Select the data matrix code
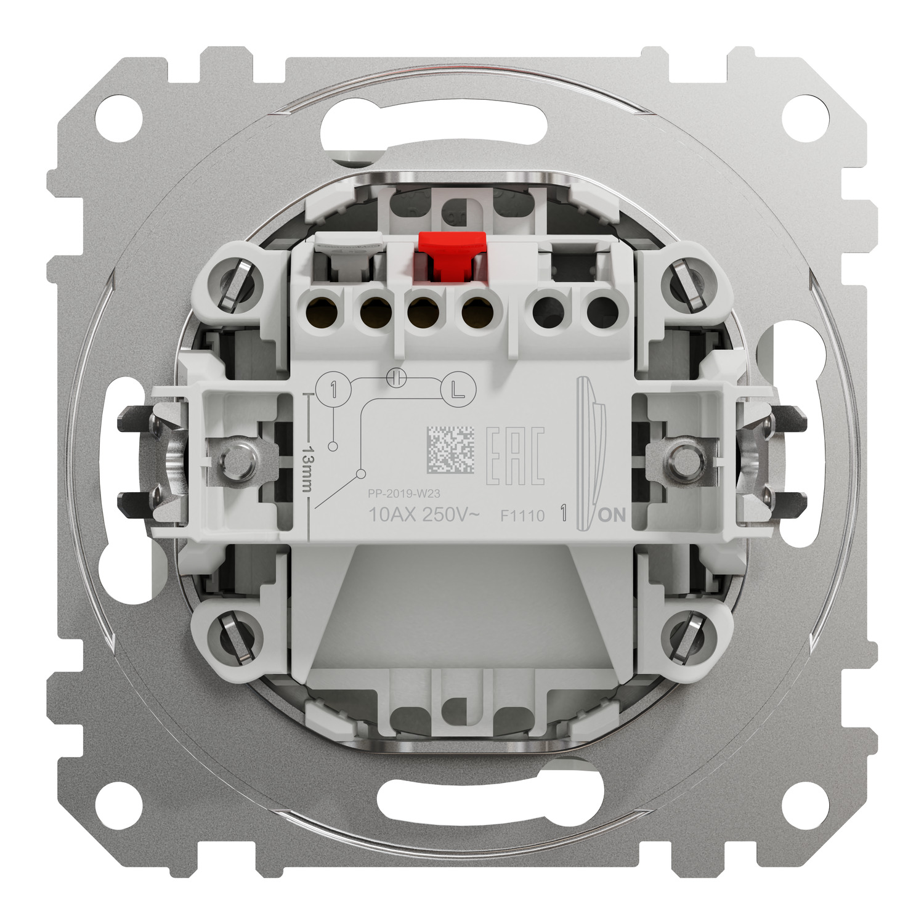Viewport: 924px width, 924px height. [451, 450]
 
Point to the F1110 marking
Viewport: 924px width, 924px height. [522, 516]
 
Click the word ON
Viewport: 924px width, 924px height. [612, 515]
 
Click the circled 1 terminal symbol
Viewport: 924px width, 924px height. [333, 389]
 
